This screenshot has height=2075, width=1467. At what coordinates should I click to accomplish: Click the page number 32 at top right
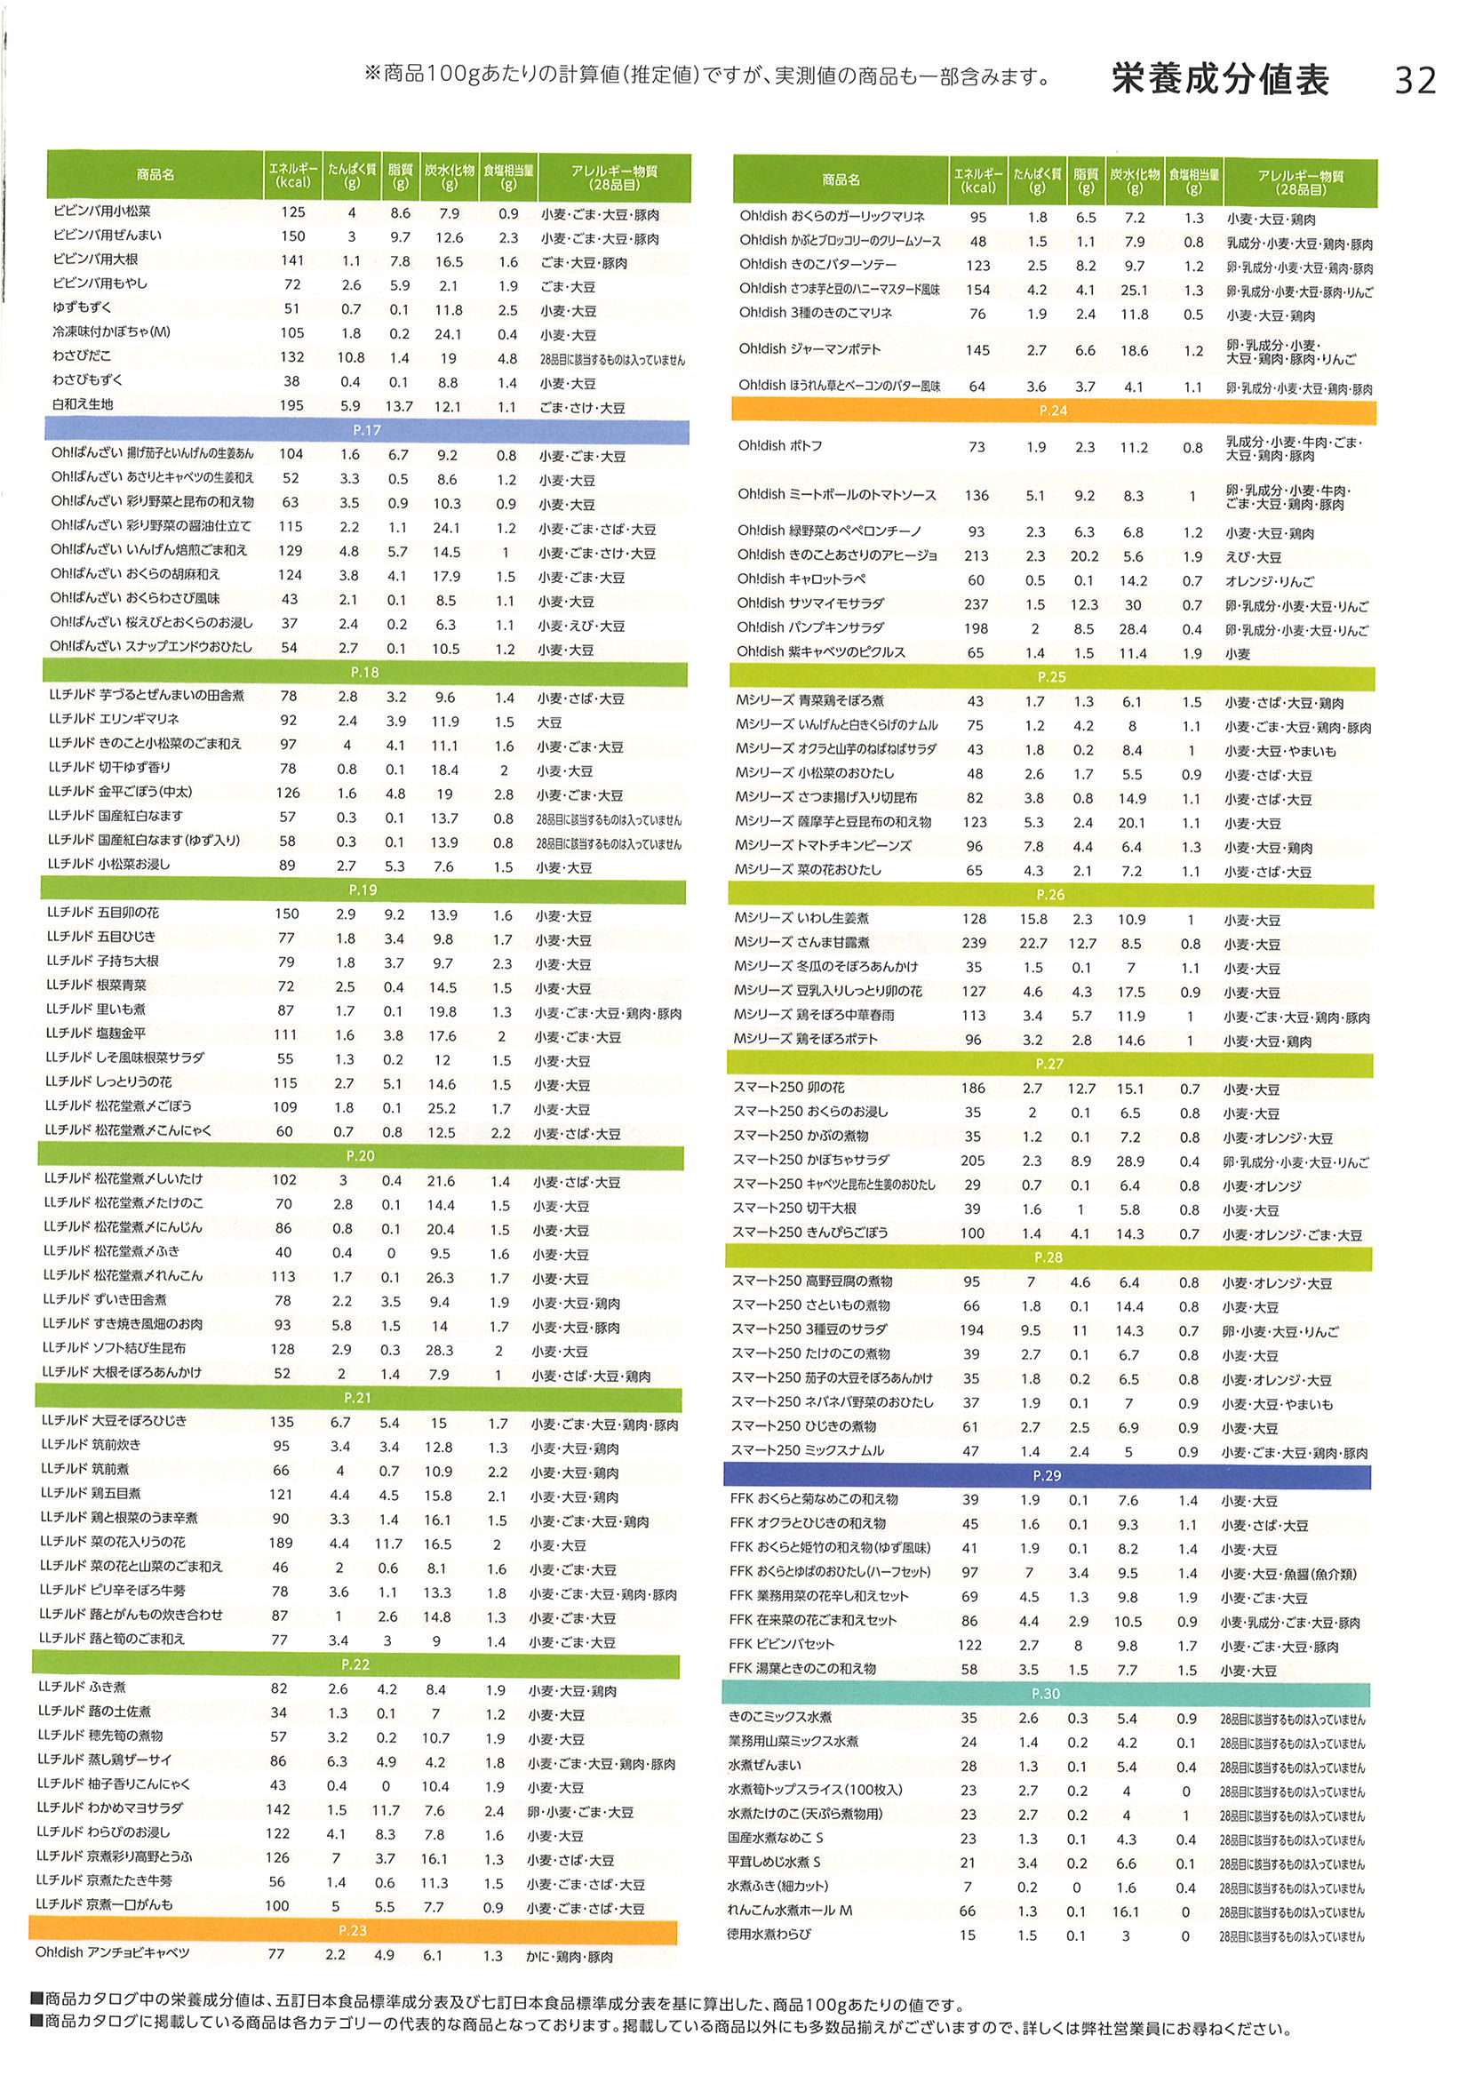tap(1415, 82)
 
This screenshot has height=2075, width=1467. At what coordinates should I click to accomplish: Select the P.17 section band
tap(366, 431)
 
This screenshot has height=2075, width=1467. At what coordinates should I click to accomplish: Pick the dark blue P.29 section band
tap(1047, 1476)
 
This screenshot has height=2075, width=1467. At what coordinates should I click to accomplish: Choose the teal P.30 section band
tap(1046, 1694)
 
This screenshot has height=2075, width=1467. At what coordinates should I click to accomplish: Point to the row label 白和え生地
tap(83, 405)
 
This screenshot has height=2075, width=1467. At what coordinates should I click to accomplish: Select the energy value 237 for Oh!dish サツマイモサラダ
tap(976, 604)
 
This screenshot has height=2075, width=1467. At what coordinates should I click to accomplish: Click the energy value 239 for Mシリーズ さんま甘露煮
tap(974, 944)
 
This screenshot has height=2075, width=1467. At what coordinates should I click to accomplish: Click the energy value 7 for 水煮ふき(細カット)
tap(968, 1887)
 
